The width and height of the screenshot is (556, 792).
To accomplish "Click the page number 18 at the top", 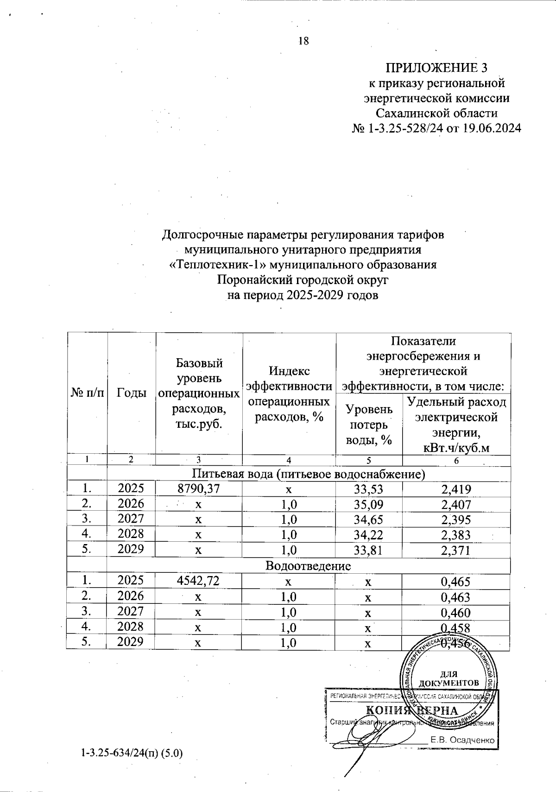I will click(x=303, y=41).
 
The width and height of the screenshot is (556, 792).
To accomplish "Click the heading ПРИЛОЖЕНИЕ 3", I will click(x=436, y=68).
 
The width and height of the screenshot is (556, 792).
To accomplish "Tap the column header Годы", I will click(x=132, y=393).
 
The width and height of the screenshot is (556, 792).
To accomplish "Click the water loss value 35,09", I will click(x=369, y=504).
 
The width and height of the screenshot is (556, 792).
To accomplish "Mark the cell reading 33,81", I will click(x=369, y=550).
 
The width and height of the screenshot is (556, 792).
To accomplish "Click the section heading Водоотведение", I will click(x=308, y=566).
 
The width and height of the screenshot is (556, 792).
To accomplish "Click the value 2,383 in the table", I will click(x=456, y=535).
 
